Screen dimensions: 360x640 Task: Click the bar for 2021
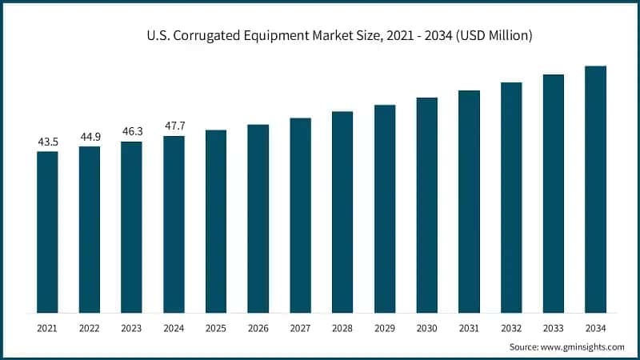coord(47,232)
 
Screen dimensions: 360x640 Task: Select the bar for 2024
coord(174,224)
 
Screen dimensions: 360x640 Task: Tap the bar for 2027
coord(300,215)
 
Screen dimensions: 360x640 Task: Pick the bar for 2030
coord(426,205)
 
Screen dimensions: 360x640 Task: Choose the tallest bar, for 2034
coord(595,189)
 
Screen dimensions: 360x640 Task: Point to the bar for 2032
coord(511,197)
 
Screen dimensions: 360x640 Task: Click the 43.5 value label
coord(47,142)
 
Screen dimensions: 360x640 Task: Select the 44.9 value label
coord(90,137)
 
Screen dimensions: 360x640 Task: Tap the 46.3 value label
coord(131,132)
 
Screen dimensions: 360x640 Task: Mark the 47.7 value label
coord(174,126)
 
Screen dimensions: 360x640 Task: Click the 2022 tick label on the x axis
coord(90,328)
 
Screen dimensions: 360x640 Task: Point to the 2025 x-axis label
coord(216,328)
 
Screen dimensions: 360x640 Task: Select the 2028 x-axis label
coord(342,328)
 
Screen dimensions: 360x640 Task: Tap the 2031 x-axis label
coord(469,328)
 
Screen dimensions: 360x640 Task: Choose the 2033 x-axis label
coord(553,328)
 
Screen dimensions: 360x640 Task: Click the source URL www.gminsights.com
coord(583,346)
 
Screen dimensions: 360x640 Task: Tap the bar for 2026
coord(258,218)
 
